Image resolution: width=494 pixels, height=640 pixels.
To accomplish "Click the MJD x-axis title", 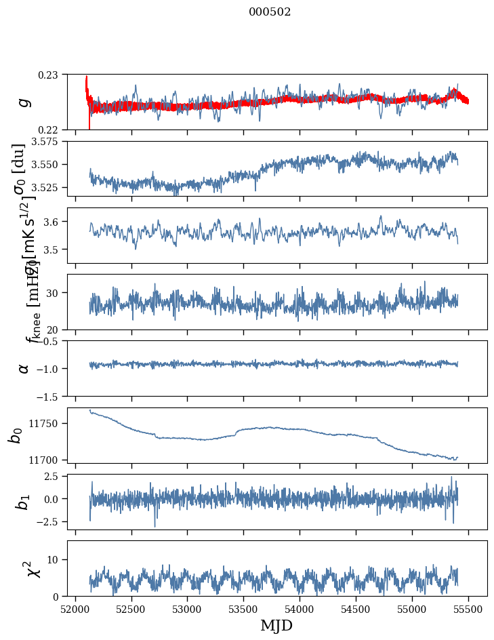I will tap(276, 626).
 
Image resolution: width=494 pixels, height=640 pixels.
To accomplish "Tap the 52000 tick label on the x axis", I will tap(75, 609).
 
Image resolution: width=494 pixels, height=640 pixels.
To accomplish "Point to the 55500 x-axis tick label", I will tap(469, 609).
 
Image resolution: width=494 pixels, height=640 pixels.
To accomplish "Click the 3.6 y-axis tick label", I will tap(54, 222).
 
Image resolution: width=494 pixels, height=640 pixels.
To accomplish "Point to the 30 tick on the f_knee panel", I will tap(56, 293).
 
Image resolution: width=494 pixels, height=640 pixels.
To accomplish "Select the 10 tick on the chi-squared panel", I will tap(56, 559).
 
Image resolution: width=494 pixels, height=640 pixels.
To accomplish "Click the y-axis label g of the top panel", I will tap(24, 102).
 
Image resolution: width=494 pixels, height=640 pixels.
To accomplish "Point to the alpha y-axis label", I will tap(24, 368).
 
